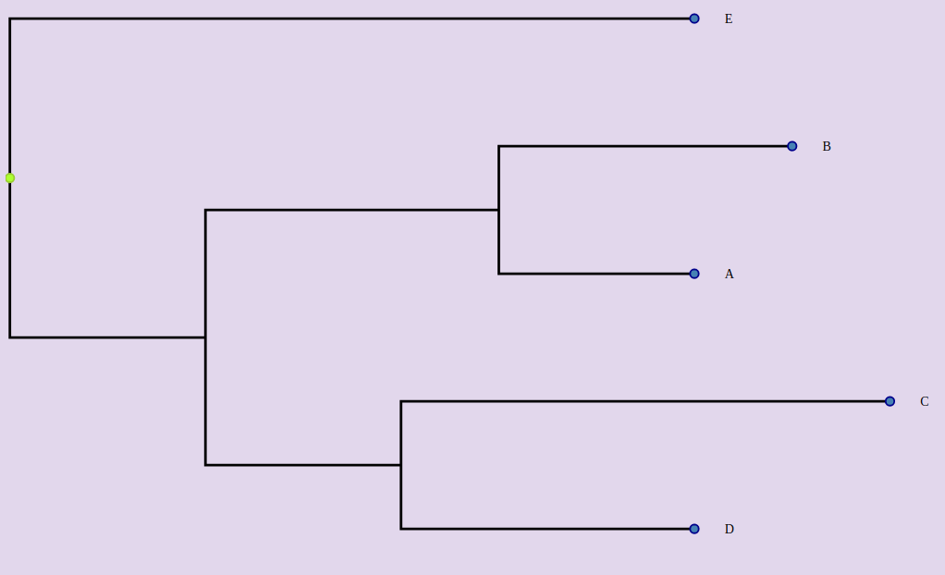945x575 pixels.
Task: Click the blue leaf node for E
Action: (x=694, y=18)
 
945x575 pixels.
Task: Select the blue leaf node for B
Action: (x=792, y=146)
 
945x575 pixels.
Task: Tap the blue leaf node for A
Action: (x=694, y=274)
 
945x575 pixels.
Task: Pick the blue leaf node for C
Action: (x=890, y=401)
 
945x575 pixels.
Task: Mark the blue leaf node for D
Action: (x=694, y=529)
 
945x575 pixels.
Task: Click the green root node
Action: (x=10, y=177)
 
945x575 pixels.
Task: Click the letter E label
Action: (x=729, y=19)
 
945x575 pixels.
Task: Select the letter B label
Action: (x=827, y=147)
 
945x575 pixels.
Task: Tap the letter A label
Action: (x=729, y=275)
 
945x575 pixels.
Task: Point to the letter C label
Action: (x=924, y=402)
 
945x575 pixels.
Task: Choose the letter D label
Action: (x=729, y=530)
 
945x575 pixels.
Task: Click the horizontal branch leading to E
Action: (x=351, y=18)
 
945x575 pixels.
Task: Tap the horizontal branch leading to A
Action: (x=596, y=274)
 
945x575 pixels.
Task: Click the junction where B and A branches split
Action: (x=498, y=210)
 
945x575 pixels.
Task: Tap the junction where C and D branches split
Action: (x=400, y=465)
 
